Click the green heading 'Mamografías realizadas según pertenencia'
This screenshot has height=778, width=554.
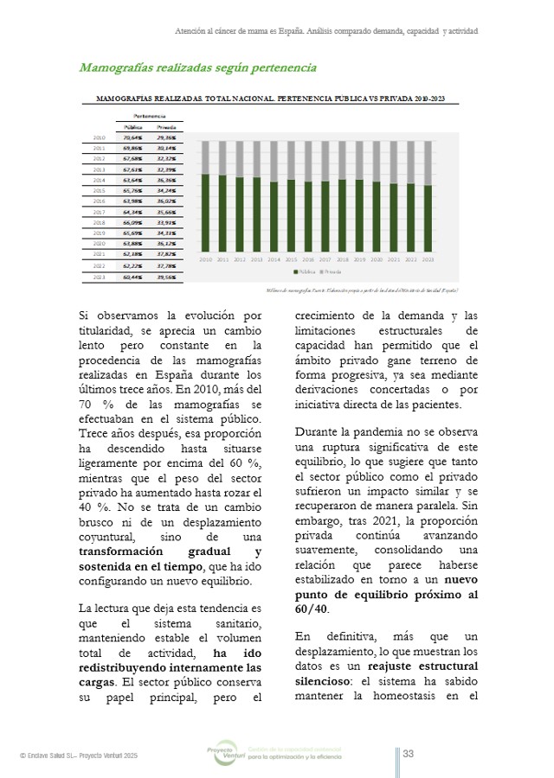(x=197, y=67)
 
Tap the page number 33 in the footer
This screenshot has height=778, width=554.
(x=408, y=754)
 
